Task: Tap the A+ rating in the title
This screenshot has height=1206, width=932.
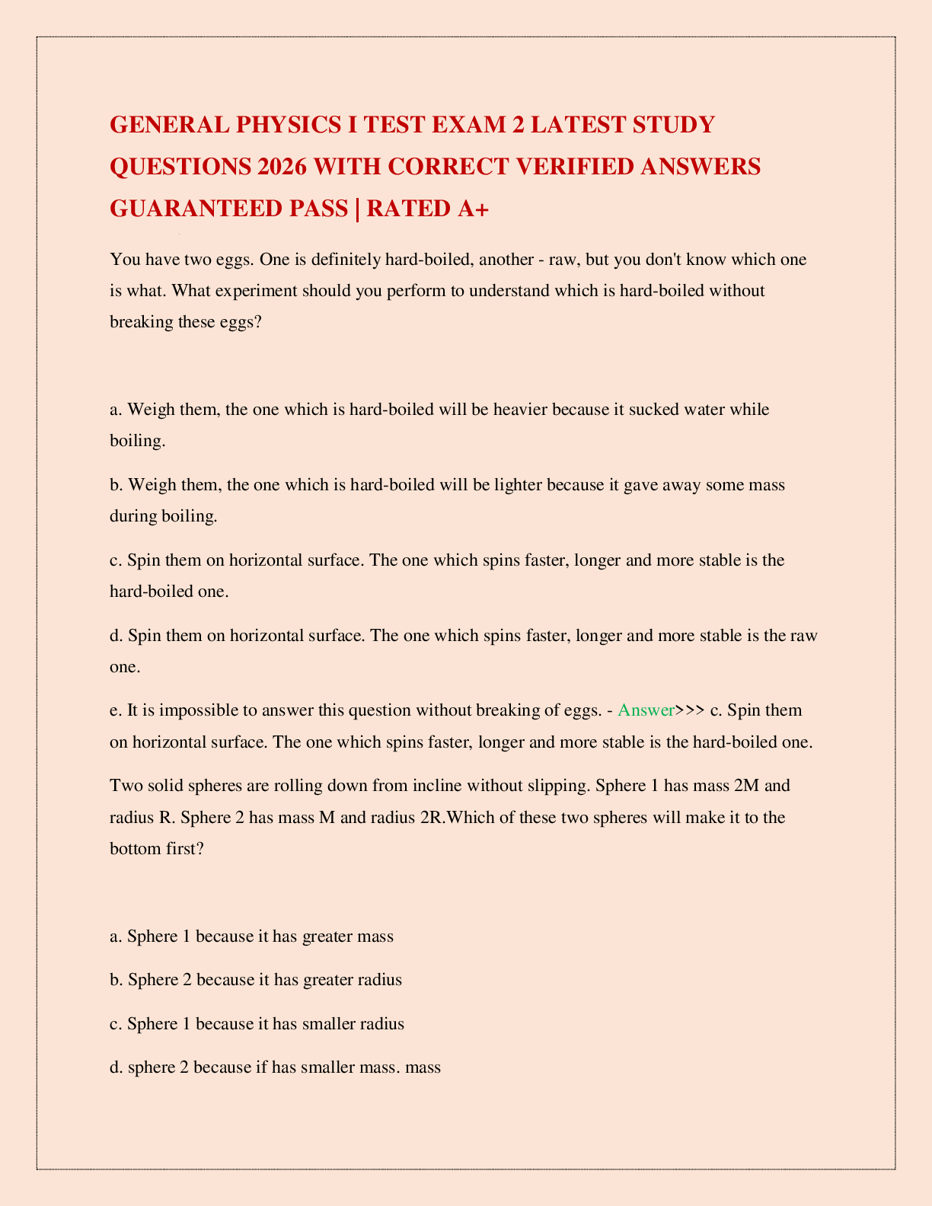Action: (x=471, y=208)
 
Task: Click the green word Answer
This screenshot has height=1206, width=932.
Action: (x=646, y=710)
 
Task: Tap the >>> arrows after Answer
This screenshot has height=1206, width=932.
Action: (x=690, y=710)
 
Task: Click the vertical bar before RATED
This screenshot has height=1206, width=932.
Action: (x=356, y=208)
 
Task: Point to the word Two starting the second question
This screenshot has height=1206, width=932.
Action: (x=125, y=785)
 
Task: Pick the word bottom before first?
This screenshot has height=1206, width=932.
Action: (x=136, y=848)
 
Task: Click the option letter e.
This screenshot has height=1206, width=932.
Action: (x=115, y=710)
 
